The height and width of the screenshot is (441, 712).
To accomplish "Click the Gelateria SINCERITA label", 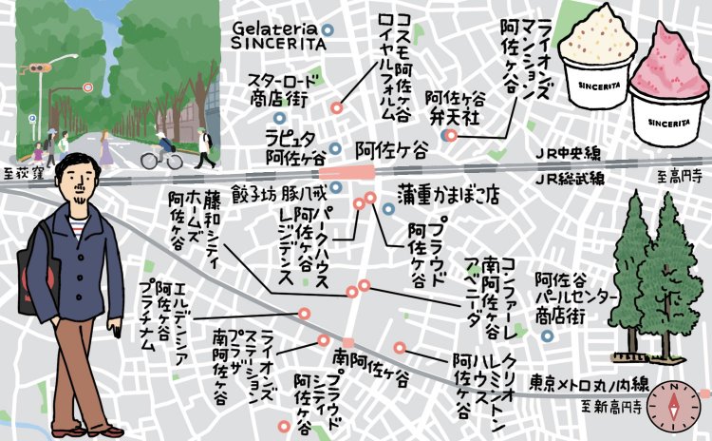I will click(274, 35).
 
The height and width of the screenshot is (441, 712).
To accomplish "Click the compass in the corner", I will click(678, 407).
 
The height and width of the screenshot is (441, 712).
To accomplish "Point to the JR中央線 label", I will click(567, 153).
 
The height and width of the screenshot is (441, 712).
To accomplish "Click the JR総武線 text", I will click(567, 177).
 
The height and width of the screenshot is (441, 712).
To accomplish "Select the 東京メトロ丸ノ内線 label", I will click(589, 385).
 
